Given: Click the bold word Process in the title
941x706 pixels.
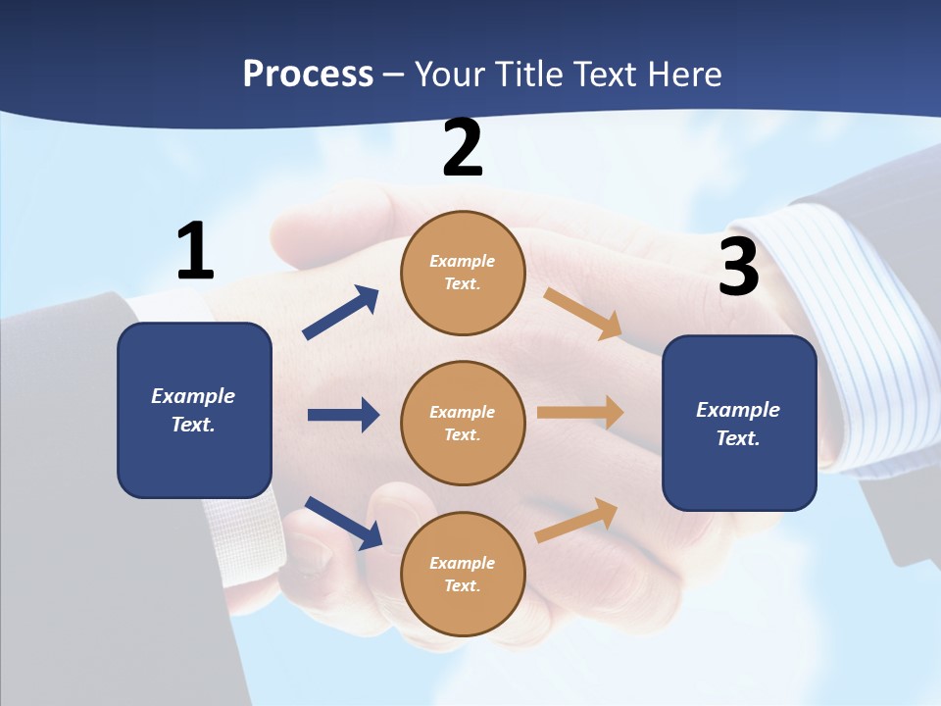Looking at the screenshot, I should (308, 75).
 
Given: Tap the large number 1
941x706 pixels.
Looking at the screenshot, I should (195, 252).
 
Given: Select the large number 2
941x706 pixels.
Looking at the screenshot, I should (463, 149).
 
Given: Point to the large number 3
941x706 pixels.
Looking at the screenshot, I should (738, 268).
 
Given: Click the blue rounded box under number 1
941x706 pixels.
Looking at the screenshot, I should (194, 410).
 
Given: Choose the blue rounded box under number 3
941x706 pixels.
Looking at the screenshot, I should (739, 424).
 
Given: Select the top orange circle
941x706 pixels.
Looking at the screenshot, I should (463, 273).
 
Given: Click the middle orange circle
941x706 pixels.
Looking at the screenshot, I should (463, 423).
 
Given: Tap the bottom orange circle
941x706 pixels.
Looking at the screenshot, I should (463, 574).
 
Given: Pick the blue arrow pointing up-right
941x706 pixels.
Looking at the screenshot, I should (341, 313).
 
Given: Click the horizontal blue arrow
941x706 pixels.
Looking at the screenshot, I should (343, 415).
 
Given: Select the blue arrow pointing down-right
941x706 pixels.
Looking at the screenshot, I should (343, 523).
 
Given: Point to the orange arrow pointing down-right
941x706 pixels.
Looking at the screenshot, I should (583, 314).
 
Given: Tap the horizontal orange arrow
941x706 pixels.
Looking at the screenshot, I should (580, 412).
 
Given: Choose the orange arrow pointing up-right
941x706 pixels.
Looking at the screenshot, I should (577, 520).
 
